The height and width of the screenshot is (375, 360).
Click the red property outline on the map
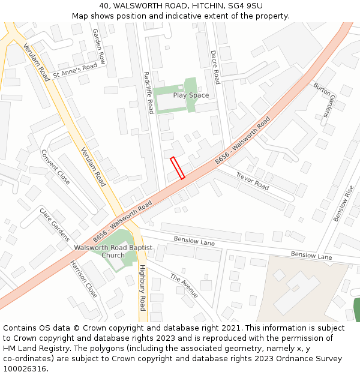(x=177, y=168)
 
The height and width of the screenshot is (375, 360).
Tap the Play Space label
(x=191, y=95)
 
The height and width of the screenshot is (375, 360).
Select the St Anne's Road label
(x=74, y=71)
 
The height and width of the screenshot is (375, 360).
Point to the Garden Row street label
(x=98, y=47)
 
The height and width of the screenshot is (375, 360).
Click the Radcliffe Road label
(x=149, y=93)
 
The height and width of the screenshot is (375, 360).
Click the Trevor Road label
(x=252, y=181)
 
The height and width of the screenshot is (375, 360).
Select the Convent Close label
(x=55, y=167)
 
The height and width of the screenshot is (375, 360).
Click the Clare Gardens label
(x=55, y=224)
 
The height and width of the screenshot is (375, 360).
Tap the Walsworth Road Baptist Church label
(x=113, y=251)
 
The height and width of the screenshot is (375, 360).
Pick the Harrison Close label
(x=83, y=279)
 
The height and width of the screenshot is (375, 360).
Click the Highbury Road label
(x=142, y=287)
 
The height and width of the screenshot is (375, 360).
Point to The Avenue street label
(x=184, y=286)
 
